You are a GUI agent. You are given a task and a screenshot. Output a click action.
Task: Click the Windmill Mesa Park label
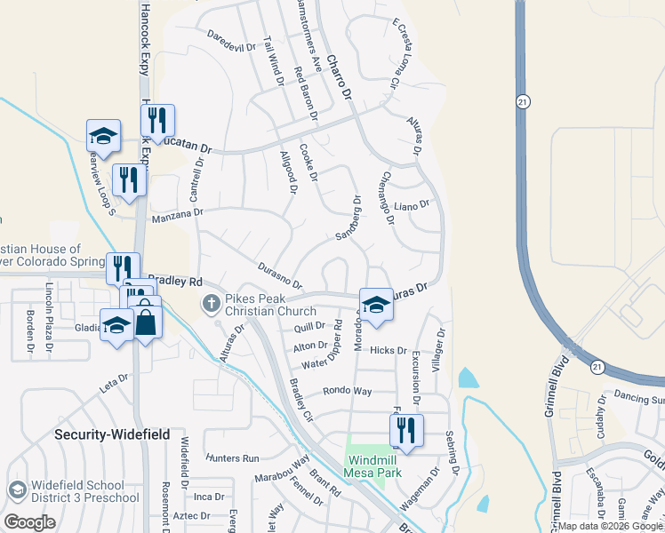[380, 466]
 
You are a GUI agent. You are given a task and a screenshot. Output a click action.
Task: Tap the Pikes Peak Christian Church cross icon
[212, 304]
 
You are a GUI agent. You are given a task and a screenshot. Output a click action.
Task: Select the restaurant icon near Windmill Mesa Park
[406, 430]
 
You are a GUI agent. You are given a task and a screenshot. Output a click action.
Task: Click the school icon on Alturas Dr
[376, 304]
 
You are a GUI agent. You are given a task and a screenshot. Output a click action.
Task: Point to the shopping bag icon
[145, 322]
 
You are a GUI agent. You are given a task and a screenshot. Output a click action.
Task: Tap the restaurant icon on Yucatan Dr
[157, 120]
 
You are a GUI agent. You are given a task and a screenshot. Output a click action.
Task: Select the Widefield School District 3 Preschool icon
[17, 490]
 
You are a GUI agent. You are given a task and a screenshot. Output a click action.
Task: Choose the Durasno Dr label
[280, 274]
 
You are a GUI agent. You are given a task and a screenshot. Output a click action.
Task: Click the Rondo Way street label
[347, 390]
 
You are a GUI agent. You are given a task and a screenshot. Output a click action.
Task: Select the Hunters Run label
[231, 458]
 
